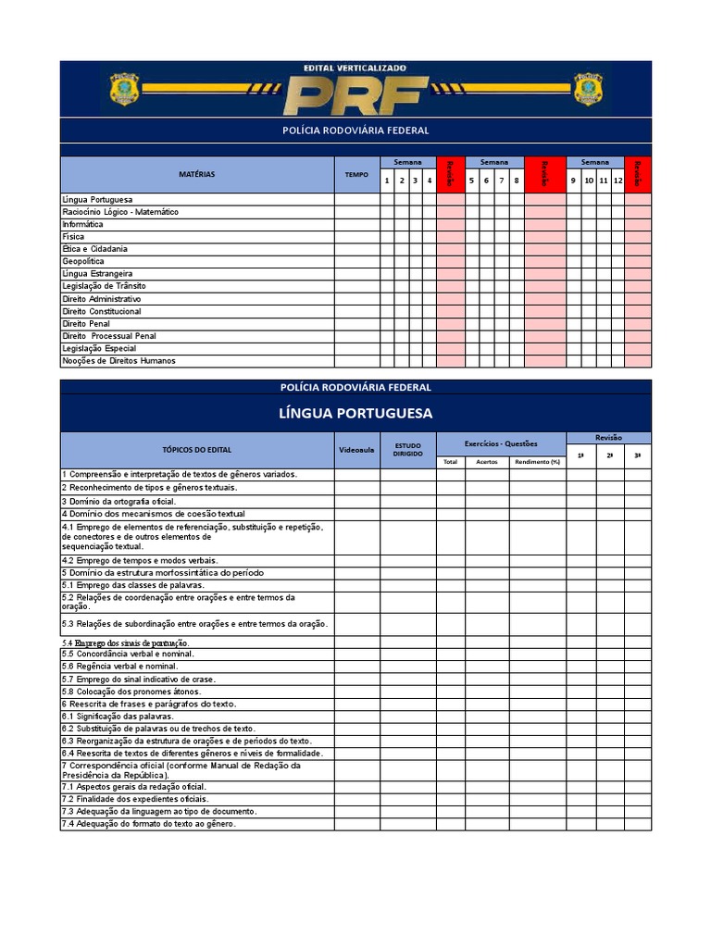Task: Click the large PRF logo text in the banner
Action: pos(356,94)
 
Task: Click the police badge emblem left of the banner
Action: pos(124,89)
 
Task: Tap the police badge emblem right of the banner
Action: pos(588,89)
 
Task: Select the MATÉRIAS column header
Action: pos(197,174)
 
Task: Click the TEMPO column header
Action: pos(356,174)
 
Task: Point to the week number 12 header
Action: pos(617,181)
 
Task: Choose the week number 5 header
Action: pos(472,181)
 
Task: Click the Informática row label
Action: pos(83,224)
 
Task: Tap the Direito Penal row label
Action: pos(86,324)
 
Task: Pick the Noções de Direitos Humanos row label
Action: pos(118,361)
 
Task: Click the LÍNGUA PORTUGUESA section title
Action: pos(355,413)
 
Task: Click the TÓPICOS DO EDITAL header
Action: pos(197,450)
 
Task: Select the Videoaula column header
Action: pos(356,450)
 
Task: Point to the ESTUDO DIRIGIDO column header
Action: pos(407,450)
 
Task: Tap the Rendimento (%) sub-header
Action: pos(537,462)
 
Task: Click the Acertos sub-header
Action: pos(486,462)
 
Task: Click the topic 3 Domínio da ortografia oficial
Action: pos(118,501)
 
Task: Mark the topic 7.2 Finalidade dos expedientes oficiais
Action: pos(135,798)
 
